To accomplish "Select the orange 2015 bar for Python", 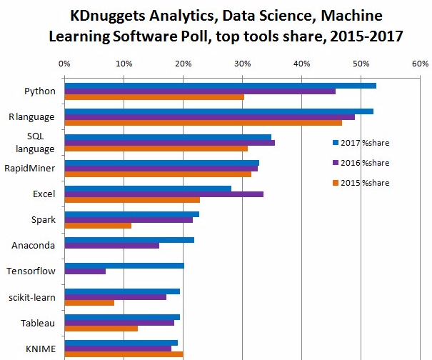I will tap(154, 97).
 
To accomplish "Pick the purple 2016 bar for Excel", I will tap(164, 194).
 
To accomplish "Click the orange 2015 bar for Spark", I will tap(98, 226).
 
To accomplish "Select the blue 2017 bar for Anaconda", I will tap(129, 240).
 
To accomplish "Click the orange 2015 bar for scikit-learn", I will tap(89, 303).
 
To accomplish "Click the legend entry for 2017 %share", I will tap(361, 143).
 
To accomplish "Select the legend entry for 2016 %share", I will tap(361, 163).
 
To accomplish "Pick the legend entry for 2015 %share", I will tap(361, 183).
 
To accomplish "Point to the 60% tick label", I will tap(418, 64).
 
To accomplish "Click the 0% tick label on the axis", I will tap(64, 64).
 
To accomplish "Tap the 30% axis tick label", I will tap(242, 64).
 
